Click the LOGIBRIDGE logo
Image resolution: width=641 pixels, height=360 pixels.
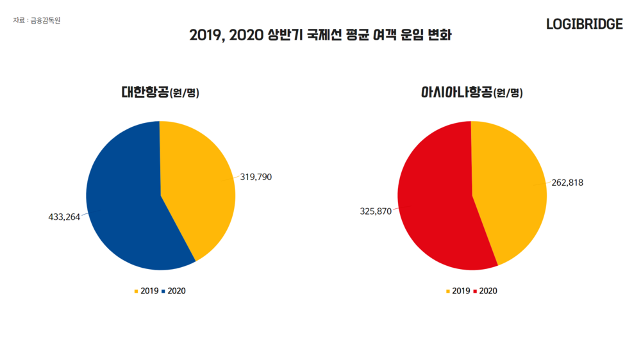584,24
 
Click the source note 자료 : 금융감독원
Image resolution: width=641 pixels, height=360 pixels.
37,20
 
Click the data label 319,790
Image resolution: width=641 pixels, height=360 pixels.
256,177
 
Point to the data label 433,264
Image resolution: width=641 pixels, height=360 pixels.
64,217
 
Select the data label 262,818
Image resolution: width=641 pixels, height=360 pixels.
567,183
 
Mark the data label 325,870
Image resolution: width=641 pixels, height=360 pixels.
376,211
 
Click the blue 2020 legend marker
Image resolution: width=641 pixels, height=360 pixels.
163,291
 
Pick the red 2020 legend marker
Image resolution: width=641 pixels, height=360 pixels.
475,291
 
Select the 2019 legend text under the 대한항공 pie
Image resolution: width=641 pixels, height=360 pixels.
149,291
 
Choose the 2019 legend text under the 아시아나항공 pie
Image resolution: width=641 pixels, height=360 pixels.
461,291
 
